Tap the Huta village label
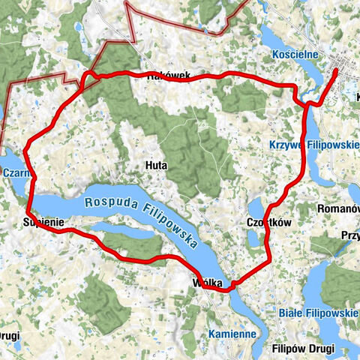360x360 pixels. click(x=156, y=165)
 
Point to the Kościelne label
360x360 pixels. click(x=317, y=54)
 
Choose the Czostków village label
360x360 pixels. click(x=268, y=223)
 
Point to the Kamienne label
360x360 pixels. click(x=232, y=333)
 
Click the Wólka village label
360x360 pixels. click(x=207, y=283)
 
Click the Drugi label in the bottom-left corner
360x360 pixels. click(x=10, y=334)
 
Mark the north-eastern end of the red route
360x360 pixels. click(x=335, y=70)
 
